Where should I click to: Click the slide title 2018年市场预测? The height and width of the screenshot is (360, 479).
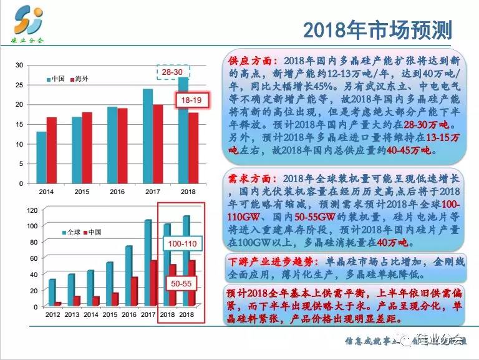pos(377,29)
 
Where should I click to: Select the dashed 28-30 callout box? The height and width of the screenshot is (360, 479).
pos(173,73)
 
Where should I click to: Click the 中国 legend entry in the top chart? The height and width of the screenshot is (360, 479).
pos(56,79)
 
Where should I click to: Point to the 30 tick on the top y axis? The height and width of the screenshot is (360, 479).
pos(19,65)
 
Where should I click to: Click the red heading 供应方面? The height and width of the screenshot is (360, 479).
pos(250,61)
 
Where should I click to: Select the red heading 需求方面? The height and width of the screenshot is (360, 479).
pos(250,178)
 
